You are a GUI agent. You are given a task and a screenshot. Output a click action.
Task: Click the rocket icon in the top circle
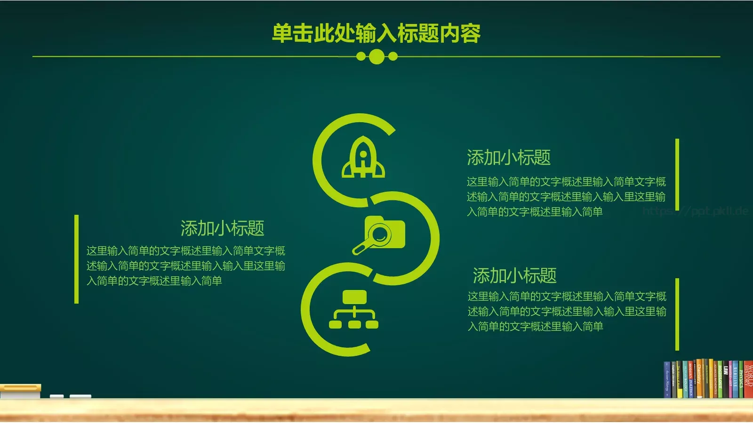(x=363, y=158)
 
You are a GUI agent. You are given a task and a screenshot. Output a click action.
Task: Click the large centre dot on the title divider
(x=376, y=57)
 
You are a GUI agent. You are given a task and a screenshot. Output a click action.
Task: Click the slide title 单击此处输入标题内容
(x=376, y=33)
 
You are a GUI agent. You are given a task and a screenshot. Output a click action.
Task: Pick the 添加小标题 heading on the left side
(x=222, y=228)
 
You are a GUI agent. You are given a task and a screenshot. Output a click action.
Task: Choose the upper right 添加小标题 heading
(x=508, y=157)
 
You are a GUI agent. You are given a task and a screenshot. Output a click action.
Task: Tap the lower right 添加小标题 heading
(x=514, y=275)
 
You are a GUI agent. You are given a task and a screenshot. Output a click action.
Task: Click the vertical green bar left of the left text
(x=76, y=259)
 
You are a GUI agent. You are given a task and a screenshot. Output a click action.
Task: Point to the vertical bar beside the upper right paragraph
(x=677, y=174)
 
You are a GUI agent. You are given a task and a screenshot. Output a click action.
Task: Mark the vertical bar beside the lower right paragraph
(x=677, y=314)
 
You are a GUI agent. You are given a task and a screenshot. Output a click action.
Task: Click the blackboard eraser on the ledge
(x=20, y=391)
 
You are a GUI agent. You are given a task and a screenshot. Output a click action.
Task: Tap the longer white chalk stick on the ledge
(x=80, y=397)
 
